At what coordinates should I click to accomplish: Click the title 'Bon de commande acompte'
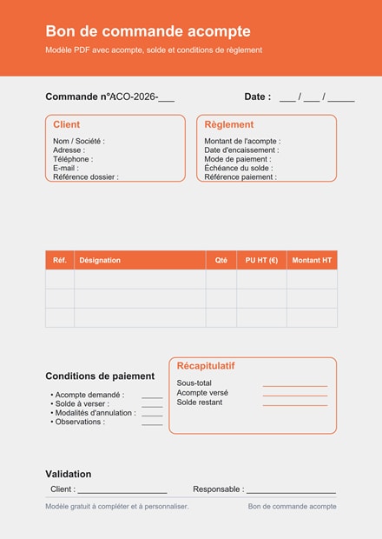point(148,32)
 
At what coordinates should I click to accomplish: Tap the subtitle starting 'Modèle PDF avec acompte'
point(154,50)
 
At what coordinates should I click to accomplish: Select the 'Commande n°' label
point(77,96)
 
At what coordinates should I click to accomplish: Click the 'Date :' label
point(257,96)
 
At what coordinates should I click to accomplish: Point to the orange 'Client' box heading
point(66,124)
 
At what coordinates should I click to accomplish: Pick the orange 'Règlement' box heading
point(229,124)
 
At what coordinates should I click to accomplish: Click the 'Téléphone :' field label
point(73,159)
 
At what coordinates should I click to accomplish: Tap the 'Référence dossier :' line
point(85,176)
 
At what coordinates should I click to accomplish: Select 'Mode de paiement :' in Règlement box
point(237,159)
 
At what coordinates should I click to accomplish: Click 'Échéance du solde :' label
point(238,168)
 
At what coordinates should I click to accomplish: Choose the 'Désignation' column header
point(100,260)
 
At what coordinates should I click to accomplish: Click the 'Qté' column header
point(221,260)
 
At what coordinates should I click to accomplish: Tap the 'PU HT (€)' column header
point(261,260)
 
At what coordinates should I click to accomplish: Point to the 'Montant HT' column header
point(312,260)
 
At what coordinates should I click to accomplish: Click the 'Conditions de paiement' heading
point(100,376)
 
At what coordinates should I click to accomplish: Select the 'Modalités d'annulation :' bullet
point(95,413)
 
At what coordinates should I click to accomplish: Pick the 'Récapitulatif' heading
point(206,366)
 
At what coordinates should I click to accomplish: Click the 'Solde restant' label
point(199,403)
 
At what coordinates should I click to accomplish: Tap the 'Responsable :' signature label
point(218,489)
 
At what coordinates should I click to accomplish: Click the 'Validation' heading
point(68,474)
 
